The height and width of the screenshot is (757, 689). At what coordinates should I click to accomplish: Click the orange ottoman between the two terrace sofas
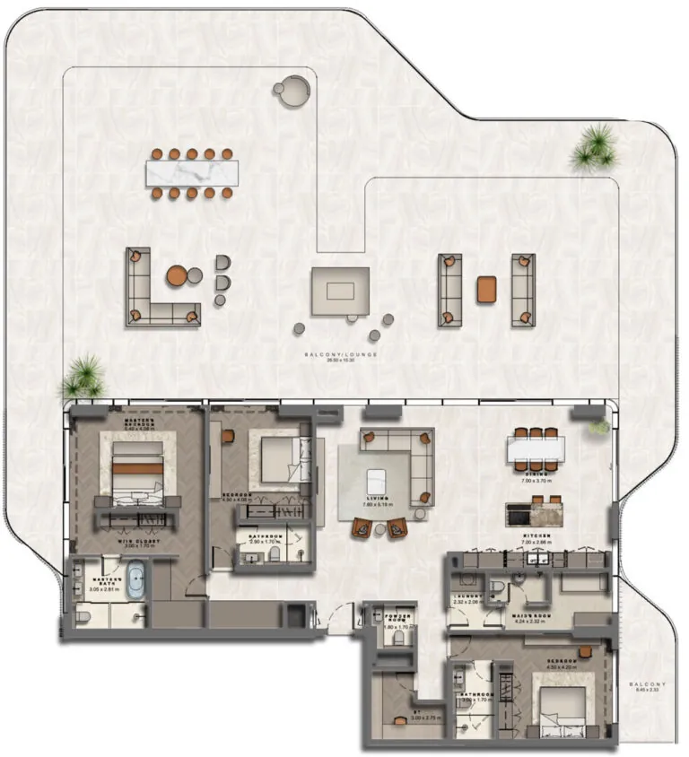click(486, 288)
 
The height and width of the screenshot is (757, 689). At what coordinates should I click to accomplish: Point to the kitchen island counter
click(536, 514)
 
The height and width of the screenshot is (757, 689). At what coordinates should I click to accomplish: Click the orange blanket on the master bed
click(137, 467)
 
